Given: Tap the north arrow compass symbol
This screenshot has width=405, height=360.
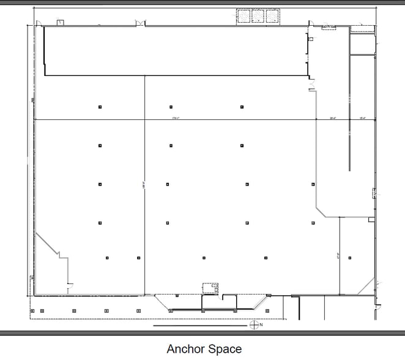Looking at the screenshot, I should [254, 324].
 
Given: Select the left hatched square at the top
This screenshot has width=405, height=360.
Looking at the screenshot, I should [243, 15].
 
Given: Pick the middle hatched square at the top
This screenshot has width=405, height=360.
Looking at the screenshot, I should [258, 15].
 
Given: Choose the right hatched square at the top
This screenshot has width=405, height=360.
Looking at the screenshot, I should [272, 15].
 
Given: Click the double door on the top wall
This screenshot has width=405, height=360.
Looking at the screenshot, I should [141, 23].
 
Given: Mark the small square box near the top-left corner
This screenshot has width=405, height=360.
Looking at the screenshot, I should [60, 23].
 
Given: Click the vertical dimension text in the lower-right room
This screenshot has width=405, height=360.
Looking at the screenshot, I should [338, 257].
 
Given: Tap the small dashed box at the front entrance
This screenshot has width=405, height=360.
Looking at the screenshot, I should [211, 288].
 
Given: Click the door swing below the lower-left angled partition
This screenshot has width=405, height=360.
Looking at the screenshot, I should [70, 285].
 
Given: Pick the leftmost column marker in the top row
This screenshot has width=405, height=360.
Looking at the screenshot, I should [100, 107].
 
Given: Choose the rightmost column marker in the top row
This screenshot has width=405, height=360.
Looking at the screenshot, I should [242, 107].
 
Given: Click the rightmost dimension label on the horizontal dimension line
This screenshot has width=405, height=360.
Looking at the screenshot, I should [362, 118].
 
